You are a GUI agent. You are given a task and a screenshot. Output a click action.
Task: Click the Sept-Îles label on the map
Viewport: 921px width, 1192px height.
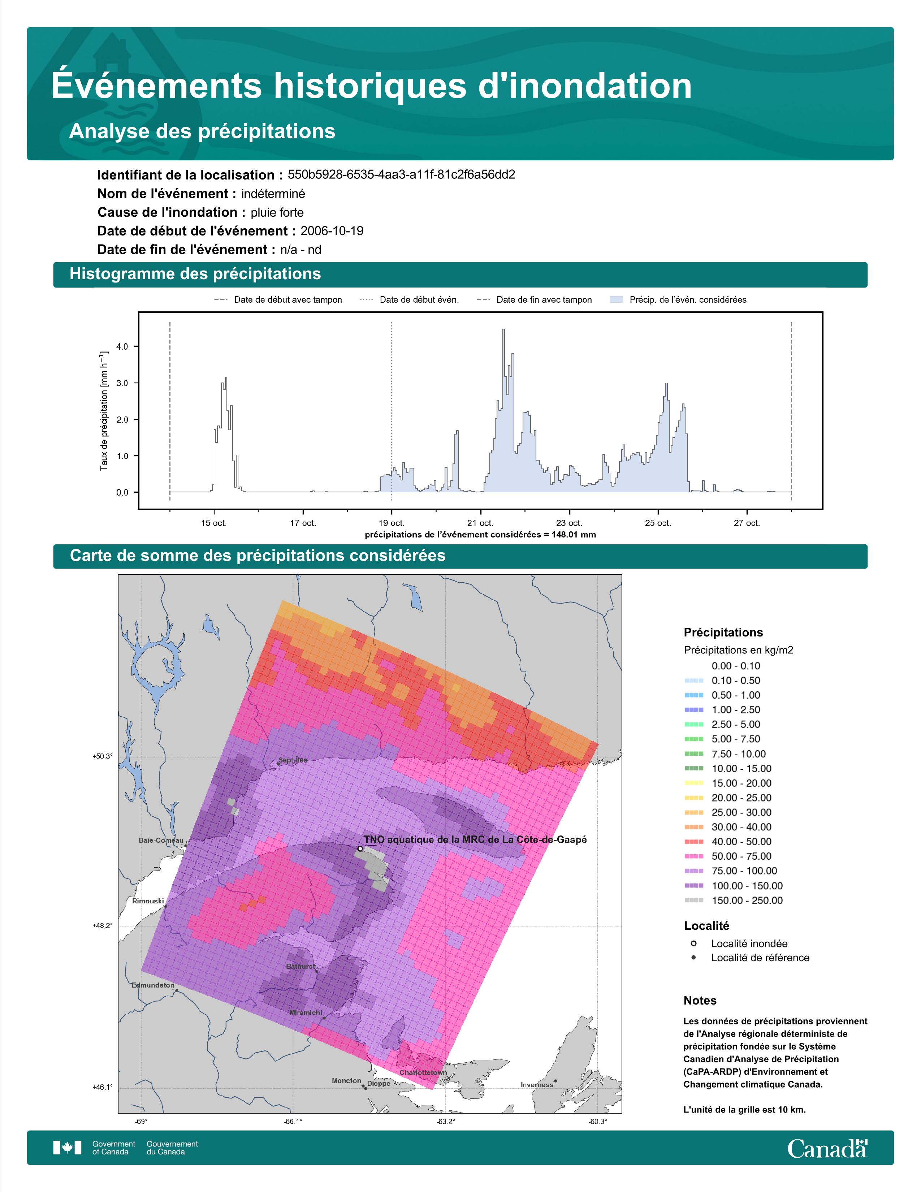(293, 760)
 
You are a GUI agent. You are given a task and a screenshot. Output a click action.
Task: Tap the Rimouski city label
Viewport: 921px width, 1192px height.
(148, 901)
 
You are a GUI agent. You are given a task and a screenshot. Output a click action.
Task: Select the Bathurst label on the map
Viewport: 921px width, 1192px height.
(300, 966)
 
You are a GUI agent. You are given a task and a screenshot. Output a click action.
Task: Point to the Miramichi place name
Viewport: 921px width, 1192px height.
(306, 1012)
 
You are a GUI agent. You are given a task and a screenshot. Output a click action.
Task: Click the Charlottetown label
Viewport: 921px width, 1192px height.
(423, 1072)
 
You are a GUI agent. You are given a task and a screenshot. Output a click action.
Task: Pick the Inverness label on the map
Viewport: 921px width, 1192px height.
(537, 1084)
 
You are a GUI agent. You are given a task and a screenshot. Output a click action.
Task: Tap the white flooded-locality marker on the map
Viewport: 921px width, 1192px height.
(360, 849)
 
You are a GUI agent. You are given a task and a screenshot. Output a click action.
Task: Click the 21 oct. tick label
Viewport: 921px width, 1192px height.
(481, 523)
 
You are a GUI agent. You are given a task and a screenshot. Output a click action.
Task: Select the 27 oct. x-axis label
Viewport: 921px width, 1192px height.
(747, 523)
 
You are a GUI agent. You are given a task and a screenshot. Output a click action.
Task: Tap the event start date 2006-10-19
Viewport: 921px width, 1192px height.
(332, 231)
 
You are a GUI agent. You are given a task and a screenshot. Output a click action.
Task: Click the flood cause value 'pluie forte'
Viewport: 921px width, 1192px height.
(277, 212)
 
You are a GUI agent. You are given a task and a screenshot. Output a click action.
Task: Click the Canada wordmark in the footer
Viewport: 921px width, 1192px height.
(827, 1148)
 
